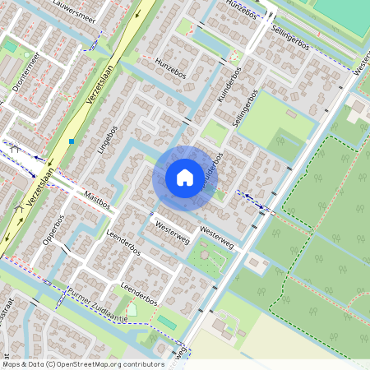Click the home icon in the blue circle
pos(184,178)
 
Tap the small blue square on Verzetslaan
pos(72,141)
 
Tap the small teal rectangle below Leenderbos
pos(166,321)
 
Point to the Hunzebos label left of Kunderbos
pos(171,67)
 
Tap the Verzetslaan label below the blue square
pos(39,187)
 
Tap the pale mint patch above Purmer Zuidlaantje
pos(132,310)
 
